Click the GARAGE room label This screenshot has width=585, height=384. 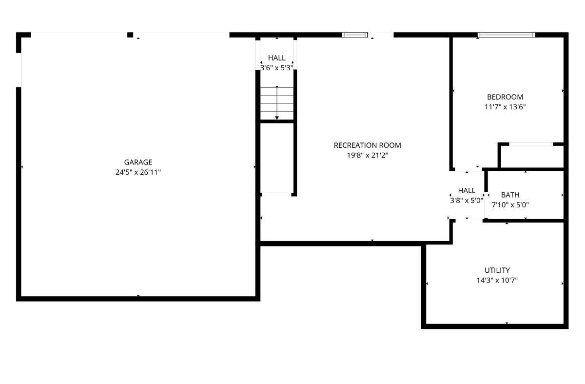coord(138,162)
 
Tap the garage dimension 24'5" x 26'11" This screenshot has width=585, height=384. coord(138,172)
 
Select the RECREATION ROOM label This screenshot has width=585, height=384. coord(367,145)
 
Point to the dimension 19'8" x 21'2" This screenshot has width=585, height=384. coord(367,156)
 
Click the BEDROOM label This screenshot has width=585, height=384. coord(505,97)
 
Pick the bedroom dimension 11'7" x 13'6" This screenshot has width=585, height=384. coord(505,107)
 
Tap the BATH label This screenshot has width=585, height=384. coord(510,195)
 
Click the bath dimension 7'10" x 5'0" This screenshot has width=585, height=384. coord(510,205)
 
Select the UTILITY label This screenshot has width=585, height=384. coord(497,270)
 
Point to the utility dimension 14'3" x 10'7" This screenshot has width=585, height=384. coord(497,281)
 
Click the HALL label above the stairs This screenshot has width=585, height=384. coord(276,58)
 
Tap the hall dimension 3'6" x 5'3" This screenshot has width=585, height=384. coord(276,68)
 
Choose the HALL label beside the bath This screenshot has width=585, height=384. coord(467,191)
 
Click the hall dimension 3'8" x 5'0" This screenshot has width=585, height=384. coord(467,201)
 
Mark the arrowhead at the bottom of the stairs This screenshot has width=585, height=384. coord(277,118)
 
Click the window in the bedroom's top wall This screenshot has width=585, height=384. coord(506,35)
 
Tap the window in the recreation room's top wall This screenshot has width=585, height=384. coord(355,35)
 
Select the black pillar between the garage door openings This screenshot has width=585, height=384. coord(130,35)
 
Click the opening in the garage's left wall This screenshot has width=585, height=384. coord(19,70)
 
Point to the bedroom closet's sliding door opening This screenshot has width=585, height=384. coord(531,144)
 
